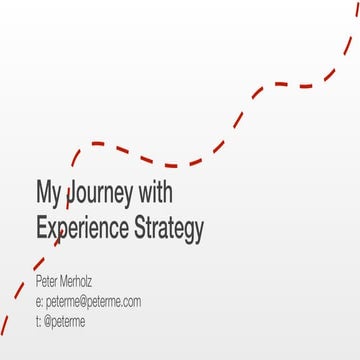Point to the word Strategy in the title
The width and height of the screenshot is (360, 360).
click(169, 228)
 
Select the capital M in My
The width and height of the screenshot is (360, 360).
click(43, 190)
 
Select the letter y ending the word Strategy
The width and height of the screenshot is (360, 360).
click(199, 231)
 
